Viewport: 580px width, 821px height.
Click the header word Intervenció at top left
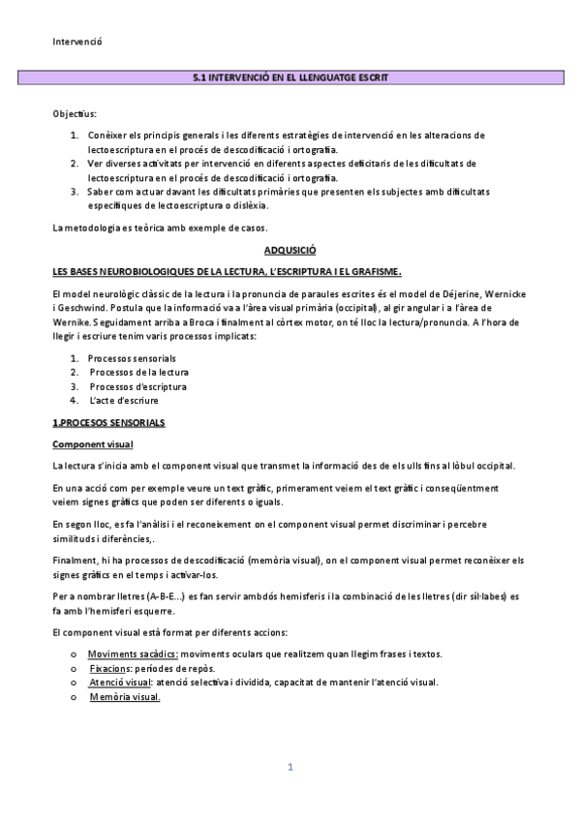[76, 41]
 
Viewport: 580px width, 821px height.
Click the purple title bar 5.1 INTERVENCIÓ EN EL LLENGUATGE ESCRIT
[290, 76]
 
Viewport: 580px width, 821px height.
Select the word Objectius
[75, 113]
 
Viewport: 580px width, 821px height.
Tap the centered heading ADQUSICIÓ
[290, 249]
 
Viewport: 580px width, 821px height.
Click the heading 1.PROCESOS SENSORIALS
[108, 423]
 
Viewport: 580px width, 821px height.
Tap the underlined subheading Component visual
[93, 444]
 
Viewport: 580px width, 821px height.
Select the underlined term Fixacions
[110, 668]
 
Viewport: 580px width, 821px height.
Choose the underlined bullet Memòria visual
[125, 696]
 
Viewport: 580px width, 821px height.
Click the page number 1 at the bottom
[290, 767]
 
